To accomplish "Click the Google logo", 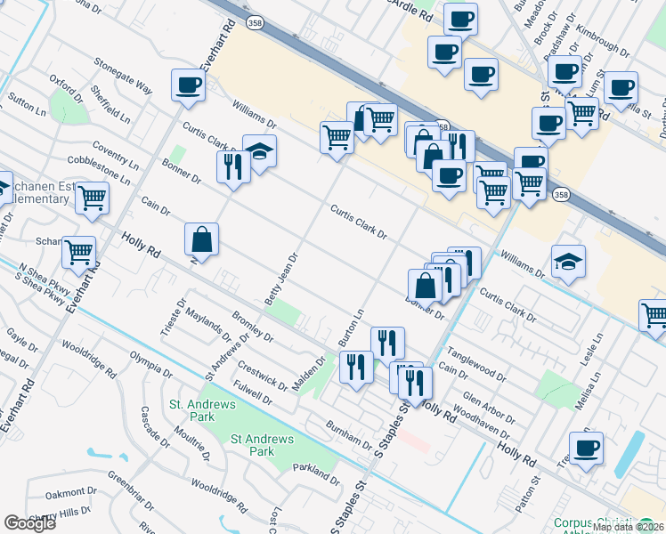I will pos(29,522).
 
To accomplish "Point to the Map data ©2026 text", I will pos(628,527).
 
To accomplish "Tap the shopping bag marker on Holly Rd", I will pos(202,239).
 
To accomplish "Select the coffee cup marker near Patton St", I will pos(586,449).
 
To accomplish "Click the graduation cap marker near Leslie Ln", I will pos(568,261).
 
